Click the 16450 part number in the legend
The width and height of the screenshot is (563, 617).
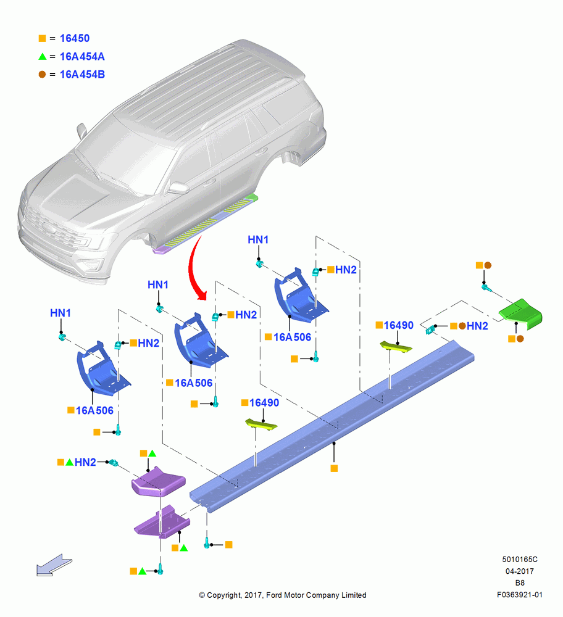tap(75, 38)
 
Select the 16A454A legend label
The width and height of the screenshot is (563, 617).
tap(82, 57)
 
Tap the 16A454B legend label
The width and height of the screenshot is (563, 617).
tap(82, 75)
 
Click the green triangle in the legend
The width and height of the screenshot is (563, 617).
tap(43, 57)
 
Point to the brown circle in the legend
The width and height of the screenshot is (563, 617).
tap(42, 75)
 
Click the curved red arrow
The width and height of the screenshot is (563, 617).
tap(196, 268)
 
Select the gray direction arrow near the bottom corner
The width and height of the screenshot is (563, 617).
tap(54, 565)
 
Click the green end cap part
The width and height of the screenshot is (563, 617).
tap(520, 313)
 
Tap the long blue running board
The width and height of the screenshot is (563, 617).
tap(332, 426)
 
